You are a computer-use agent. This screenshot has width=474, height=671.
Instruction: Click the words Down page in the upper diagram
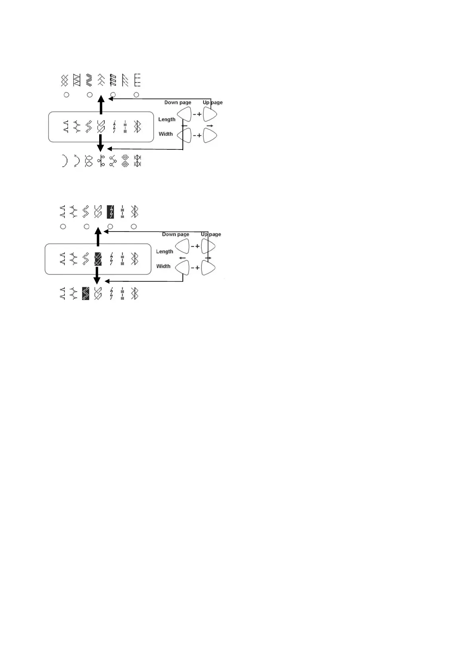[x=178, y=102]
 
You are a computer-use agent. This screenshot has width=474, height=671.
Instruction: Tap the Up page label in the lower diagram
[x=211, y=234]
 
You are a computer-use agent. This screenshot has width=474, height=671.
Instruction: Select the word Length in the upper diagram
[x=166, y=120]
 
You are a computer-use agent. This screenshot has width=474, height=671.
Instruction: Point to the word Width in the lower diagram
[x=163, y=266]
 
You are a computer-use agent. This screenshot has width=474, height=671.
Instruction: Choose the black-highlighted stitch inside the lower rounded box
[x=98, y=259]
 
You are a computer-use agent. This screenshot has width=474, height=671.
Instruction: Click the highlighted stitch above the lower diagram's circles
[x=110, y=212]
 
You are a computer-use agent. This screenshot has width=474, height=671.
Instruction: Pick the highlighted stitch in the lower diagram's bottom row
[x=85, y=294]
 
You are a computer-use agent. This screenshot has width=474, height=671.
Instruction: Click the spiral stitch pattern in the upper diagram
[x=125, y=161]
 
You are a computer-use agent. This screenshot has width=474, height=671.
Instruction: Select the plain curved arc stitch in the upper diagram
[x=65, y=161]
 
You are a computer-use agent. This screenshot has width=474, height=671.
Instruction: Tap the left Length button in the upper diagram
[x=184, y=115]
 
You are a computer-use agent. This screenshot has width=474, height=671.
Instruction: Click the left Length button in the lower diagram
[x=182, y=247]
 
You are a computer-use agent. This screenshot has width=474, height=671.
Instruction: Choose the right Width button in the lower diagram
[x=208, y=268]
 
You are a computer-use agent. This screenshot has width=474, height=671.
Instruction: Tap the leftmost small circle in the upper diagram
[x=67, y=95]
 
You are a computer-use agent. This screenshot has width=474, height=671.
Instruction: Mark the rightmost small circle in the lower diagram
[x=134, y=227]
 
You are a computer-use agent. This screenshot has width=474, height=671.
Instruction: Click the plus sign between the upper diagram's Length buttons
[x=200, y=114]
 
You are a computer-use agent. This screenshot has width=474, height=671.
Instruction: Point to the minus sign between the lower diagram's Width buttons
[x=193, y=268]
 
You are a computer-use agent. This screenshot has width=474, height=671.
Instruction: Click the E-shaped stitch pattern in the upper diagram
[x=137, y=80]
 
